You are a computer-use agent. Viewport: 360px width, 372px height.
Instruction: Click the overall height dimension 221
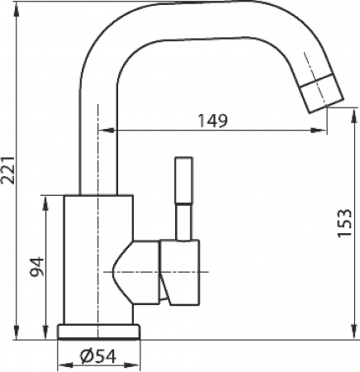click(9, 171)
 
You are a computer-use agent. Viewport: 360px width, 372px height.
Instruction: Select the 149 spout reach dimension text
click(213, 121)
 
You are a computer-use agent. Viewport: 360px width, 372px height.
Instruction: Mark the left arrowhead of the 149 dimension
click(103, 131)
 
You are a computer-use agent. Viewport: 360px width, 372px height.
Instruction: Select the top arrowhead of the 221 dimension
click(19, 7)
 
